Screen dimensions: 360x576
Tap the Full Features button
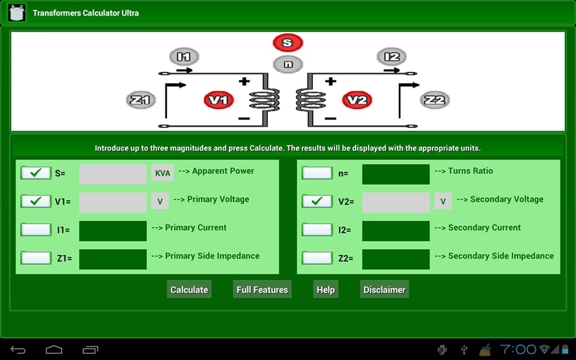tap(262, 289)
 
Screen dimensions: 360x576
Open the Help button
tap(325, 289)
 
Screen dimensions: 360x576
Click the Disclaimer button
tap(384, 289)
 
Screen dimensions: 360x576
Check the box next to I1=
tap(36, 229)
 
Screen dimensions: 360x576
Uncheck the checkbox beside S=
tap(36, 173)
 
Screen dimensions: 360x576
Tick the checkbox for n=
tap(317, 173)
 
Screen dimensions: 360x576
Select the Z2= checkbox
tap(317, 258)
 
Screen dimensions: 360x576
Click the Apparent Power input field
tap(113, 174)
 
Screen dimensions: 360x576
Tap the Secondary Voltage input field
tap(396, 202)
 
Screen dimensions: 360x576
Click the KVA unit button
tap(162, 173)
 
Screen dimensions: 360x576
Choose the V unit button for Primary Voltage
tap(160, 202)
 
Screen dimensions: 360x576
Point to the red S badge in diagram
tap(288, 43)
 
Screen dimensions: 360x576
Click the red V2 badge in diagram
tap(357, 100)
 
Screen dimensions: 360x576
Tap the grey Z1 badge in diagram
tap(141, 100)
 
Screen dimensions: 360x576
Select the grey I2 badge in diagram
tap(392, 57)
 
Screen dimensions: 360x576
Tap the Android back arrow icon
tap(18, 350)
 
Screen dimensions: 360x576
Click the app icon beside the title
tap(17, 13)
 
